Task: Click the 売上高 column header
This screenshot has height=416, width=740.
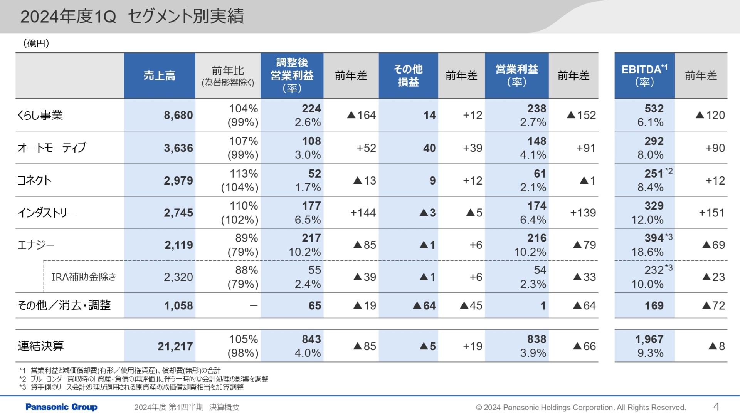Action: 159,75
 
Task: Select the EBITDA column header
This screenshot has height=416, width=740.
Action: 644,75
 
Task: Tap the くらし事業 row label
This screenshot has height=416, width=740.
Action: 40,115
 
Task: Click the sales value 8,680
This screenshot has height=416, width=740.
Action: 178,115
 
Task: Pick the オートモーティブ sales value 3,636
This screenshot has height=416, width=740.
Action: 178,148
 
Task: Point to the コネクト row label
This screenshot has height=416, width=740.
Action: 35,180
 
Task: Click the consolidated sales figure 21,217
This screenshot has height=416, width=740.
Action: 175,346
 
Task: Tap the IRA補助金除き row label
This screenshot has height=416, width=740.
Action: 84,277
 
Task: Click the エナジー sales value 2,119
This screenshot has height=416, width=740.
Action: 178,245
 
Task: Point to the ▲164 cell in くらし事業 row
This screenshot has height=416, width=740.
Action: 361,115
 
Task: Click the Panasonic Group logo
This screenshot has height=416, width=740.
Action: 61,407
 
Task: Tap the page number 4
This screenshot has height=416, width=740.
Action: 716,407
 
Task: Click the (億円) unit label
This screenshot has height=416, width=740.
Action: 36,43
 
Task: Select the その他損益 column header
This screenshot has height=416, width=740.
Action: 408,75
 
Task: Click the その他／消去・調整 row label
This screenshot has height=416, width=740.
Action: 64,305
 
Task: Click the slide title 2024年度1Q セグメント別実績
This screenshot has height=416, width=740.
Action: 132,17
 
